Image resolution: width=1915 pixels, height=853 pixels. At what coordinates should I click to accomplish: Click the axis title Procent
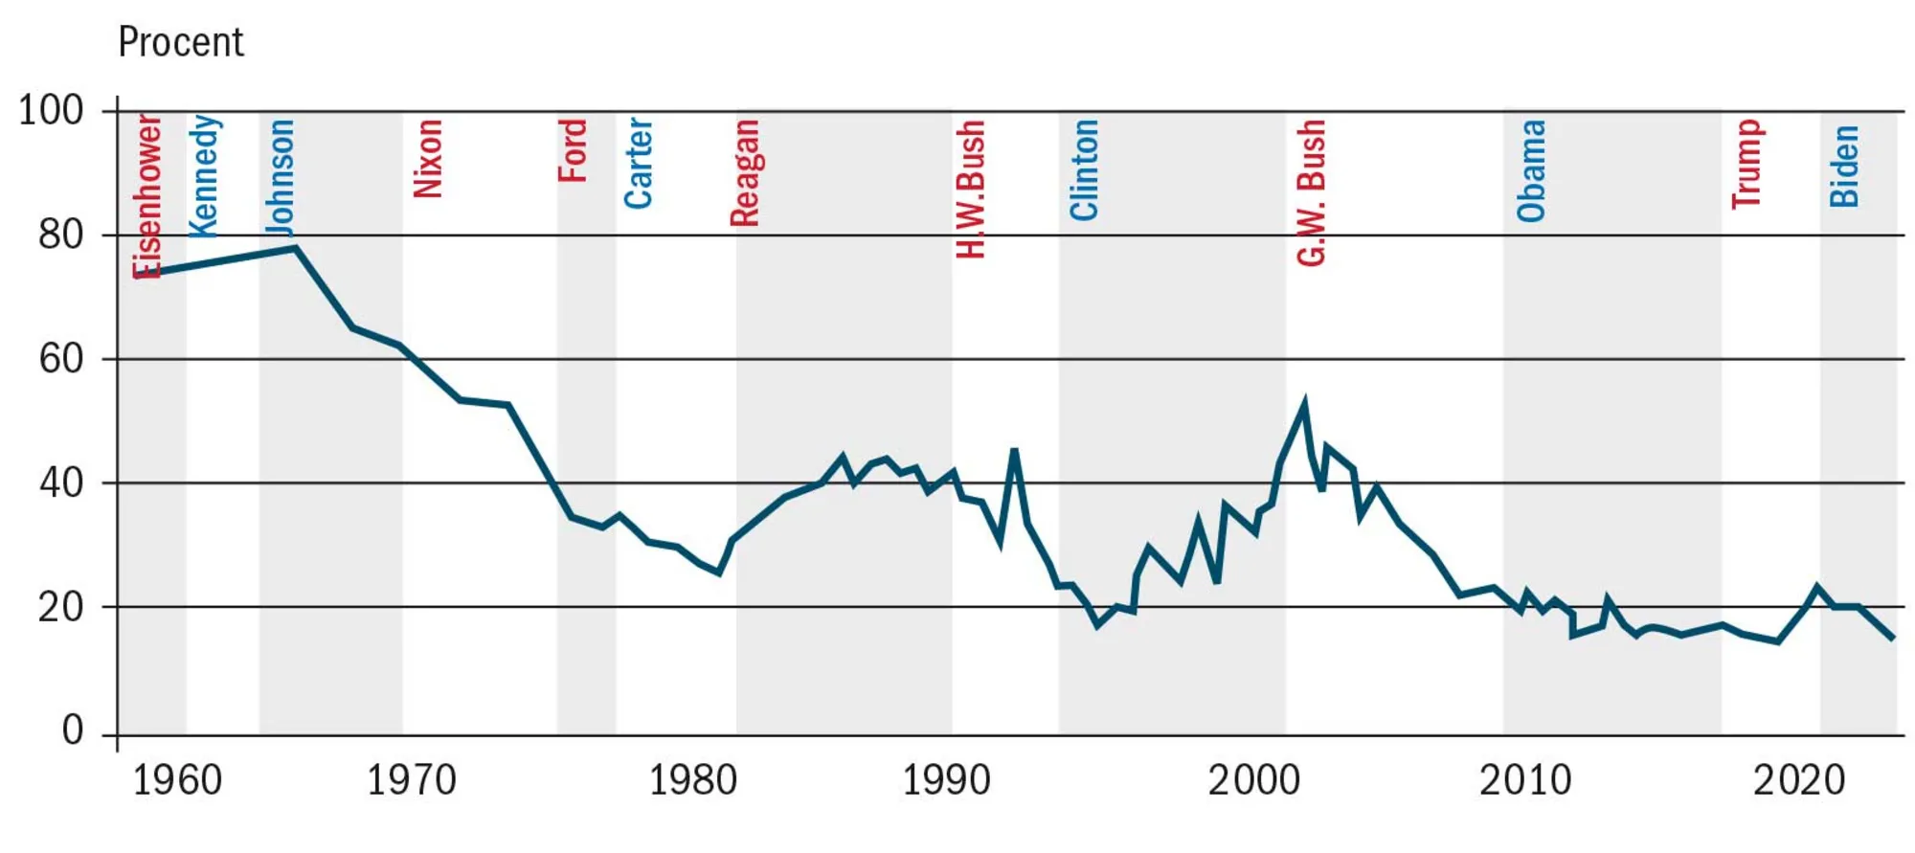(x=180, y=42)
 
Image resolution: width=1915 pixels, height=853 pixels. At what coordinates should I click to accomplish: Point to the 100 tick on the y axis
(x=51, y=110)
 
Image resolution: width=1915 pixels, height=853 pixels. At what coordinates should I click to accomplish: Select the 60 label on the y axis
(x=60, y=359)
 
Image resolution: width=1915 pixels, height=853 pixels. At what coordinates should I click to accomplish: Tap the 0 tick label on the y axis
(x=73, y=730)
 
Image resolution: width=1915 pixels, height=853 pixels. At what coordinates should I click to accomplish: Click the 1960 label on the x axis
(x=176, y=781)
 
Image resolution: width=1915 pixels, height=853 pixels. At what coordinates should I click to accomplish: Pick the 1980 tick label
(x=693, y=781)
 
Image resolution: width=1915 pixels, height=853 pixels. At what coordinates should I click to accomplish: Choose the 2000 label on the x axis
(x=1253, y=781)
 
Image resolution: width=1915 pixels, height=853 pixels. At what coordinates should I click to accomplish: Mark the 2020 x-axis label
(x=1798, y=781)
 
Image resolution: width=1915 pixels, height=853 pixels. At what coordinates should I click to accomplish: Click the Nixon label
(x=427, y=158)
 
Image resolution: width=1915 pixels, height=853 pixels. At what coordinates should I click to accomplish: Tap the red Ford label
(x=573, y=150)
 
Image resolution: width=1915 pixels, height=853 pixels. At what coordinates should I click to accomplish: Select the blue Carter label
(x=638, y=163)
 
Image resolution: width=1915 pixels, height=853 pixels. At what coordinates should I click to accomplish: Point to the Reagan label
(x=744, y=172)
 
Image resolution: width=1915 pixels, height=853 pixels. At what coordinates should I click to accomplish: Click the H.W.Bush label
(x=970, y=189)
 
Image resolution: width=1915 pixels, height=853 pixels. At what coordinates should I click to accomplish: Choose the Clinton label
(x=1083, y=169)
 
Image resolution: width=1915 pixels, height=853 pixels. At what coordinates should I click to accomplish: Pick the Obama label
(x=1531, y=170)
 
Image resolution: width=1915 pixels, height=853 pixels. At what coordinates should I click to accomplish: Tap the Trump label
(x=1746, y=164)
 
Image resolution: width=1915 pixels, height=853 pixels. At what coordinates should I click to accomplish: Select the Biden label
(x=1844, y=166)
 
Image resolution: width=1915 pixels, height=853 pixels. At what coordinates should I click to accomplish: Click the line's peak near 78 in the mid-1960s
(x=296, y=248)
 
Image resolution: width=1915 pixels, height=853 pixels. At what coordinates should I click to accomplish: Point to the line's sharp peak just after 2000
(x=1304, y=403)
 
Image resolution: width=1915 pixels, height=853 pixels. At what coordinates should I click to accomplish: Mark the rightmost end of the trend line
(x=1892, y=639)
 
